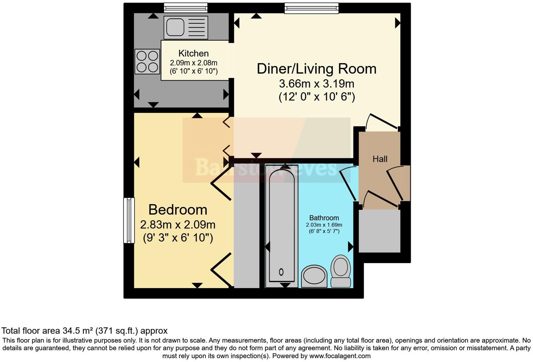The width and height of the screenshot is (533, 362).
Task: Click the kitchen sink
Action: [185, 27]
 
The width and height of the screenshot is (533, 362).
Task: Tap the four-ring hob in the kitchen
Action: [147, 61]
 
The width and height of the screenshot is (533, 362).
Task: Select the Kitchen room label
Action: [193, 53]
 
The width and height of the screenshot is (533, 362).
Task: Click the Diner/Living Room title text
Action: [316, 68]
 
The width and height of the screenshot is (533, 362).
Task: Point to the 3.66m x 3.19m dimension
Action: [316, 84]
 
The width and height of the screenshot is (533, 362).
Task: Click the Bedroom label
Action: [178, 210]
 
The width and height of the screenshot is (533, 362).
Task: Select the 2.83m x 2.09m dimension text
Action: [178, 224]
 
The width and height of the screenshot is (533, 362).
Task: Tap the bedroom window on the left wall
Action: [129, 220]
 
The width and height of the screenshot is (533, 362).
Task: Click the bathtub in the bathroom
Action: [281, 224]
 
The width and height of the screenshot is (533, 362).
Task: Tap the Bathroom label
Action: [324, 218]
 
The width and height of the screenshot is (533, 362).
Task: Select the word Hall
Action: [380, 159]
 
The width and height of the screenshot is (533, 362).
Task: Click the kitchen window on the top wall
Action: [185, 7]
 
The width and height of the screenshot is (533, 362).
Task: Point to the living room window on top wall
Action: [311, 8]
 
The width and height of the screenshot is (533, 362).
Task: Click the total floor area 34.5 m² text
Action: [85, 330]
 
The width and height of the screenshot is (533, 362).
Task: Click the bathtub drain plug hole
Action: [281, 271]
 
